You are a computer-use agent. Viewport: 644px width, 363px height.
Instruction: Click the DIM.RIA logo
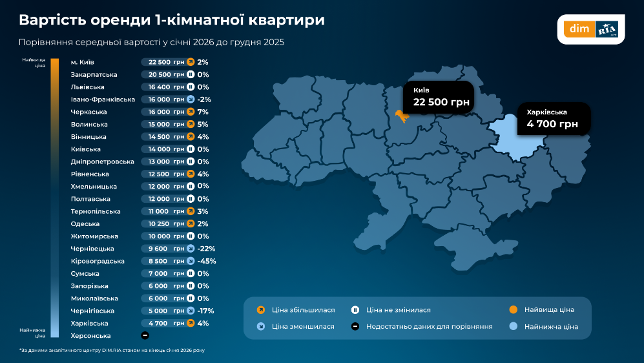click(x=590, y=30)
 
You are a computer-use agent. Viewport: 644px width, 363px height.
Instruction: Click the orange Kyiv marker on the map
click(x=400, y=116)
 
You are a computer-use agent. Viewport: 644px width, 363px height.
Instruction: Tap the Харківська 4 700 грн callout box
click(x=553, y=118)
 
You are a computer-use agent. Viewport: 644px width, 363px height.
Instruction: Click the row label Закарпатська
click(x=94, y=75)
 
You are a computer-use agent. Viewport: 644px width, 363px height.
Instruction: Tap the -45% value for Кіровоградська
click(x=207, y=262)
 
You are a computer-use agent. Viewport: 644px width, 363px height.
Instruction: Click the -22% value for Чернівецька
click(x=207, y=249)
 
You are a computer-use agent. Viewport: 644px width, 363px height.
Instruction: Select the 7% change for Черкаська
click(x=203, y=112)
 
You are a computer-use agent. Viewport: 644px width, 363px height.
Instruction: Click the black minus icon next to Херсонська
click(x=145, y=336)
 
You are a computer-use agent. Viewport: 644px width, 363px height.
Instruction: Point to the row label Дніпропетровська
click(x=102, y=161)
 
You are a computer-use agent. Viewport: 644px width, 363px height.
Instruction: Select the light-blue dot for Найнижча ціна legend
click(x=514, y=327)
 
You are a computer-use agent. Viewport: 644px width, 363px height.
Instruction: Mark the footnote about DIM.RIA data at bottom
click(x=116, y=351)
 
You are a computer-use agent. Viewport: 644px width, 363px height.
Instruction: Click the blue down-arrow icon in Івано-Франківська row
click(x=191, y=99)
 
